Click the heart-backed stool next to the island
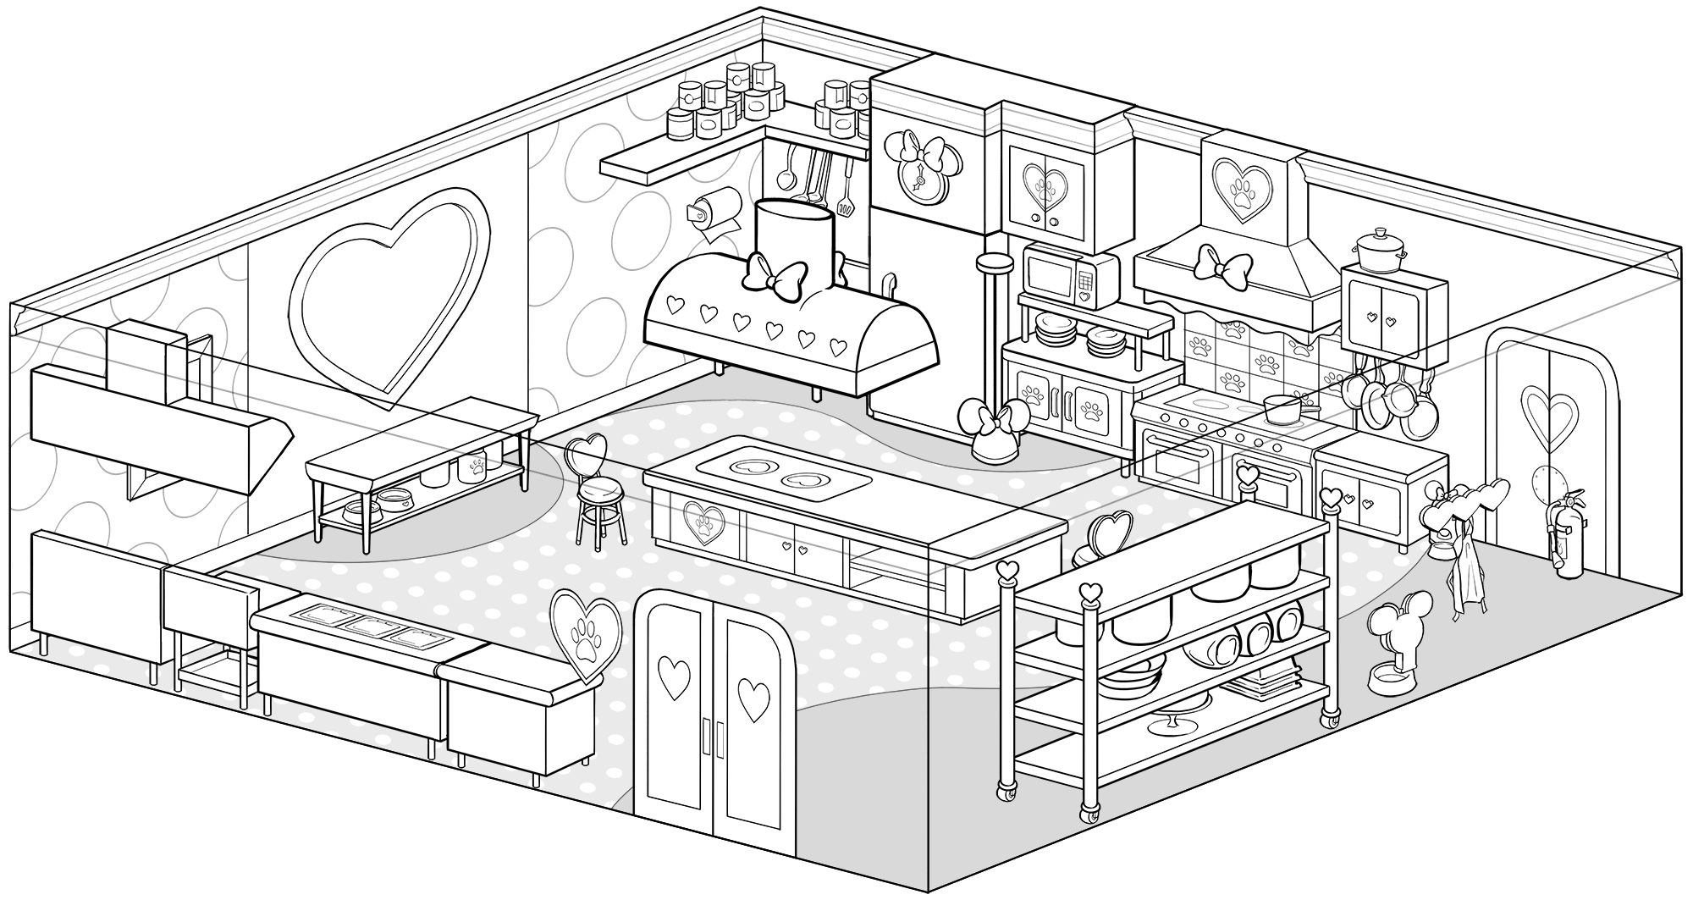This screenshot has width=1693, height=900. [x=597, y=491]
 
